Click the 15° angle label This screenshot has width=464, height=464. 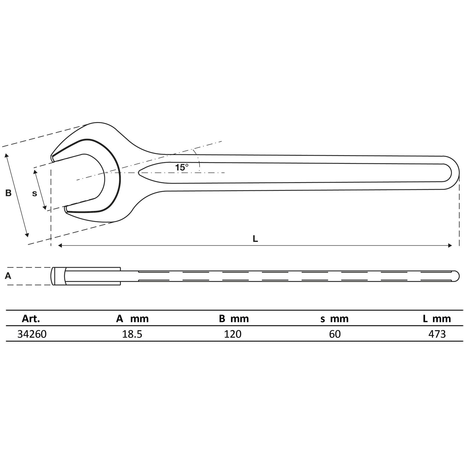[x=182, y=167]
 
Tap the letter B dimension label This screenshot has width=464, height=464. [x=8, y=193]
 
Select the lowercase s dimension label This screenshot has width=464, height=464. [x=35, y=193]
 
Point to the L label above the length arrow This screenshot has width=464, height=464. [x=255, y=239]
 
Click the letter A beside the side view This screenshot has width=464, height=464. [x=8, y=276]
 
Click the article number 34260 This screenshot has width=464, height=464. [x=32, y=334]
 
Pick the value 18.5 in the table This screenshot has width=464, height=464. [x=132, y=334]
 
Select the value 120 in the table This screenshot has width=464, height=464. [x=233, y=334]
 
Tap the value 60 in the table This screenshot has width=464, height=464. [x=335, y=334]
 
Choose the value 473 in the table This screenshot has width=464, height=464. [x=437, y=334]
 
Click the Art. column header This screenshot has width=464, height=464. [x=31, y=319]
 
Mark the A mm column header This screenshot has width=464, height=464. [x=132, y=319]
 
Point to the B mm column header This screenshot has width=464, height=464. [x=234, y=319]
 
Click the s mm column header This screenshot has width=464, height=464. [x=334, y=319]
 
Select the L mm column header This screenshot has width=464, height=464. [x=437, y=319]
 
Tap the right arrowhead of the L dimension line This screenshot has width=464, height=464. [x=450, y=246]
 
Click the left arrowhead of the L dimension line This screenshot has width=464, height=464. [x=60, y=246]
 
